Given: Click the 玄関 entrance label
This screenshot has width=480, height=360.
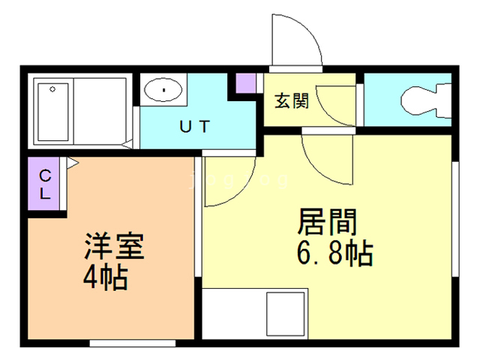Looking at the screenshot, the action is point(292,101).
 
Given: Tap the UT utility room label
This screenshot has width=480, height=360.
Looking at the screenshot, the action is point(195,127).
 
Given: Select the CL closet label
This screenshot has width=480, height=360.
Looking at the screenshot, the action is point(45,184).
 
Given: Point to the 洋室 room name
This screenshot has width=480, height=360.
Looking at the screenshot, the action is point(114,246).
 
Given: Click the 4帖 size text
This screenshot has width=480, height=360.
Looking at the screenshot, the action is point(105,277).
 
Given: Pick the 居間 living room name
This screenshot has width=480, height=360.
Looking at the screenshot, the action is point(327,222).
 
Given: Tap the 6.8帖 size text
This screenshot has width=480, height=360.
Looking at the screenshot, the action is point(335,253).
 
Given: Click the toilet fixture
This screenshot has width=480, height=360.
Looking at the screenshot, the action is point(426,100).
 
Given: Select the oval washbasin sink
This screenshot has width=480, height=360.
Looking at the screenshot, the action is point(163,90).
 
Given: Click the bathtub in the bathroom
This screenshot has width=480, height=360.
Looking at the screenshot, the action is point(53,112).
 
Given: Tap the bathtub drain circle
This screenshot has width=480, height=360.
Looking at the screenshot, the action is point(52,89).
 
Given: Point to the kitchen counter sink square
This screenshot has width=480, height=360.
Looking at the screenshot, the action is point(285,314).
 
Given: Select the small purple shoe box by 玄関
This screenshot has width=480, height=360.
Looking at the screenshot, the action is point(246,83).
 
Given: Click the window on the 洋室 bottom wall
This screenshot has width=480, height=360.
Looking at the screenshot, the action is point(133,343).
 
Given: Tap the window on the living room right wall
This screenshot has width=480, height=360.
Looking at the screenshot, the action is point(455,219).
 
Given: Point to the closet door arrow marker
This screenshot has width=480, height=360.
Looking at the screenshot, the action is point(73,163).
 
